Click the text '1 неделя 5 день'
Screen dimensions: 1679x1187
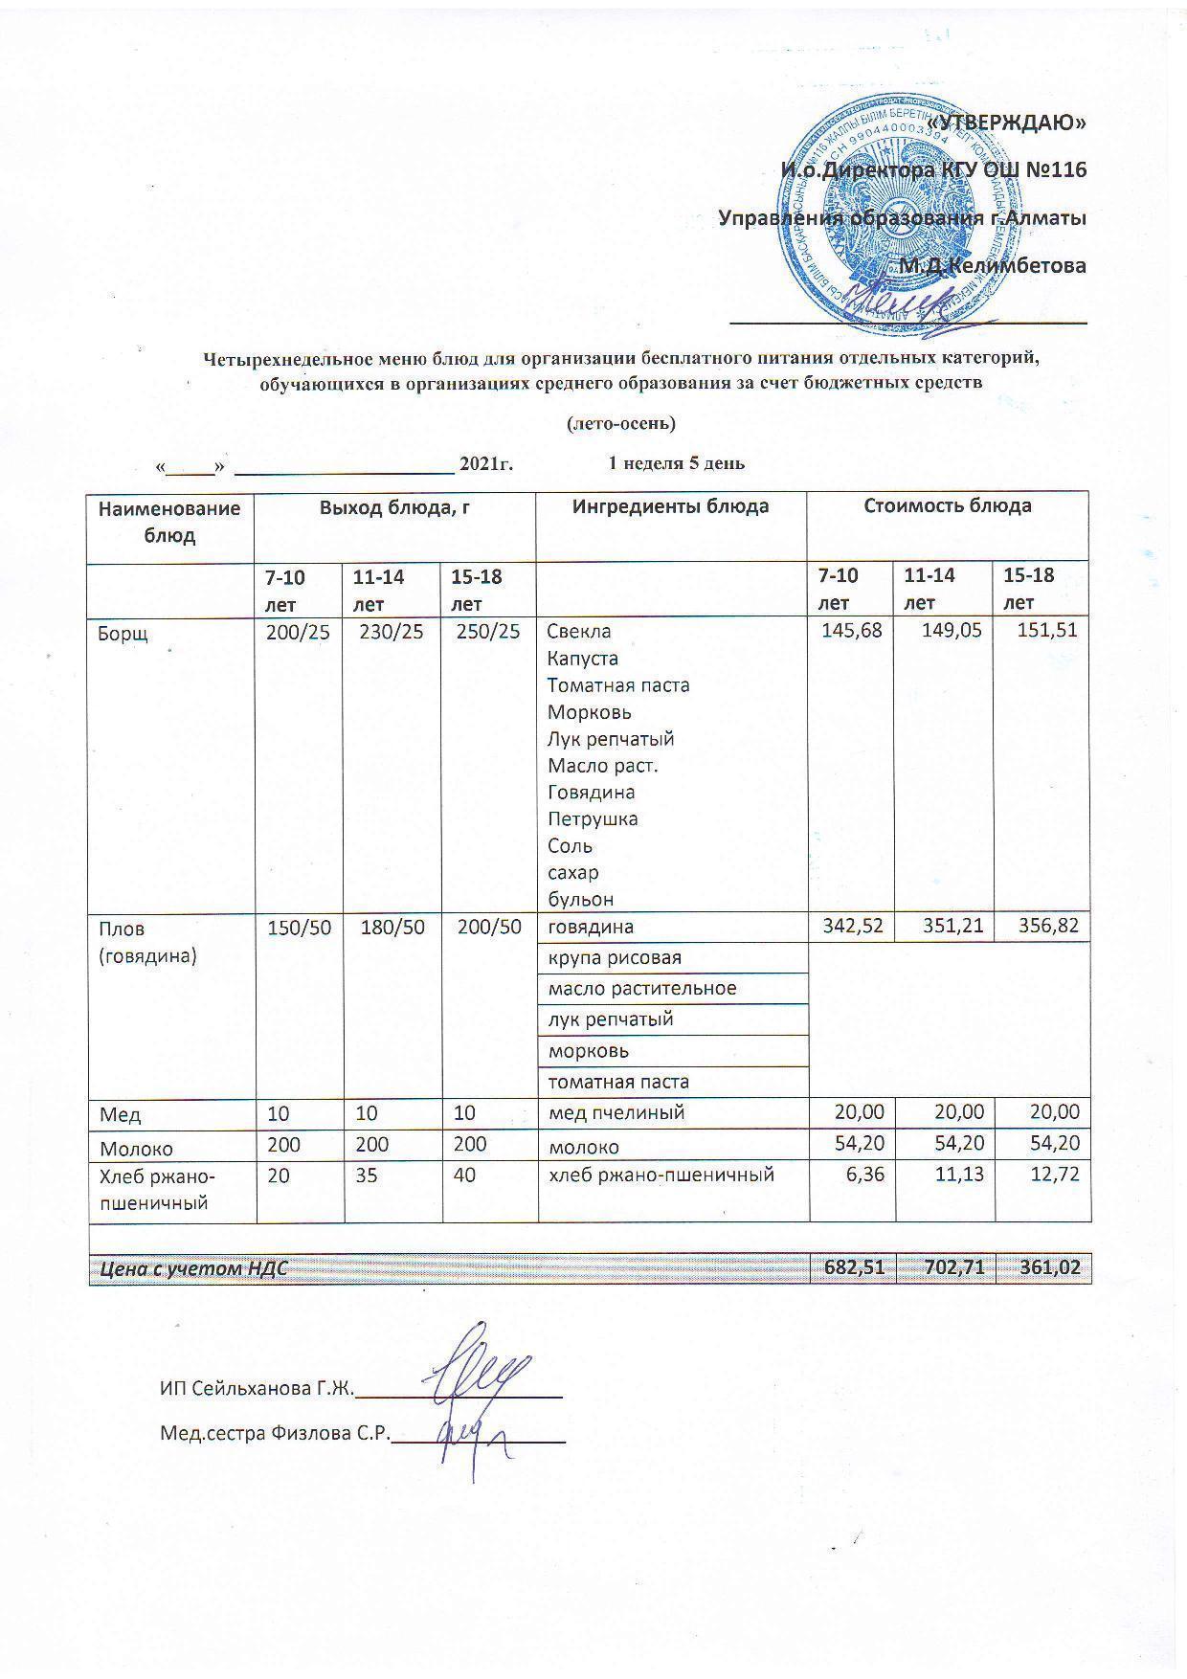(x=676, y=463)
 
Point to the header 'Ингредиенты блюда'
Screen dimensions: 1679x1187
(x=670, y=506)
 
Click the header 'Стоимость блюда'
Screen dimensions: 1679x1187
(x=947, y=506)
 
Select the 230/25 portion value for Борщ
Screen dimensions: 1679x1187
(x=391, y=632)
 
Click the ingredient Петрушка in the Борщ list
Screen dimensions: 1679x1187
(x=593, y=819)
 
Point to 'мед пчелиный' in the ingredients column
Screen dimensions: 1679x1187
(x=616, y=1112)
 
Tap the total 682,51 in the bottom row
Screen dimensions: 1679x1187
(x=853, y=1268)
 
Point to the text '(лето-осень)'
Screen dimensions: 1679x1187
(x=621, y=422)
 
